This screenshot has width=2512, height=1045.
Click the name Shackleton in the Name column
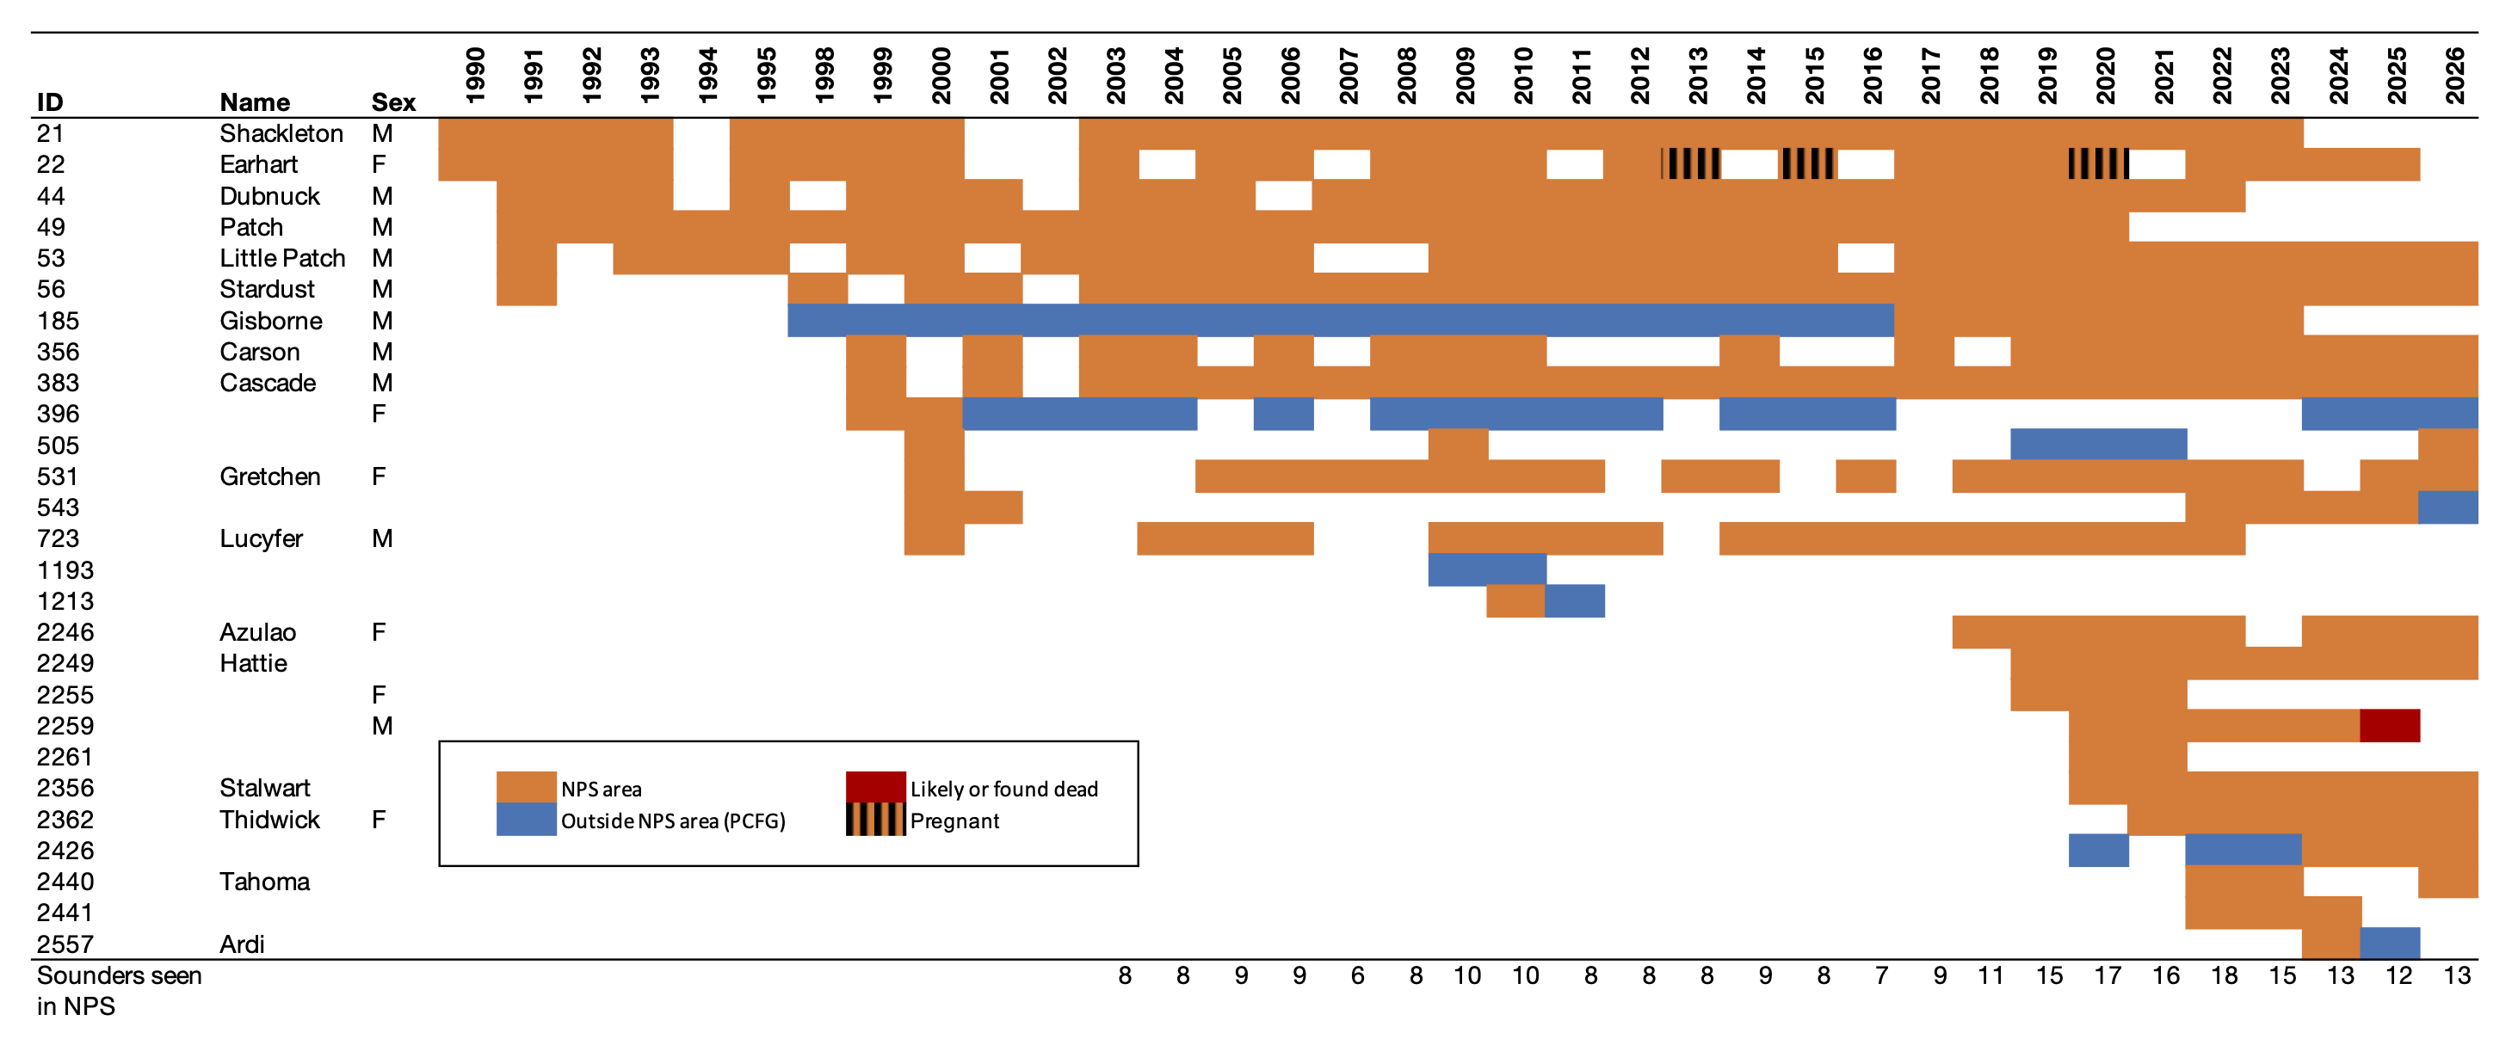click(x=281, y=133)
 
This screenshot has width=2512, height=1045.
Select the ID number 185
click(x=58, y=321)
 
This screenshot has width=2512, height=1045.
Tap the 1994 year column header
click(x=707, y=75)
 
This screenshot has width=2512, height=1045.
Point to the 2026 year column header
click(x=2454, y=75)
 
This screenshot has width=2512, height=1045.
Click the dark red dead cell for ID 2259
click(x=2389, y=726)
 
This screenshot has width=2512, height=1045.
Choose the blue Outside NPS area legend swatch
click(x=526, y=820)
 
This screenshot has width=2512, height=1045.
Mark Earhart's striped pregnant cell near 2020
click(x=2097, y=163)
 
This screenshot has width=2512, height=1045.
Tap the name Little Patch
click(x=281, y=258)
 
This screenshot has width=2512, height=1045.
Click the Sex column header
click(x=393, y=102)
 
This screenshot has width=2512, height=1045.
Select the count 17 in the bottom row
click(x=2107, y=976)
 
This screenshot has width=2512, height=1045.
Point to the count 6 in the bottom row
click(x=1356, y=976)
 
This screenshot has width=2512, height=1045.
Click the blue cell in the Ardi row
click(x=2389, y=944)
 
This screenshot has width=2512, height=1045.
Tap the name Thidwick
click(x=269, y=820)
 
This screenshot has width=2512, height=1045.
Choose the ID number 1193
click(x=65, y=570)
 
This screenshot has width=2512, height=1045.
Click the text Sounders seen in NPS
click(x=118, y=991)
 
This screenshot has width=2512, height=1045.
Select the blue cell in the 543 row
click(x=2447, y=507)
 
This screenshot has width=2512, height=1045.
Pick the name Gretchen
click(x=269, y=476)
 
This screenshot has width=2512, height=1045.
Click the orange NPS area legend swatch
click(x=526, y=787)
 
